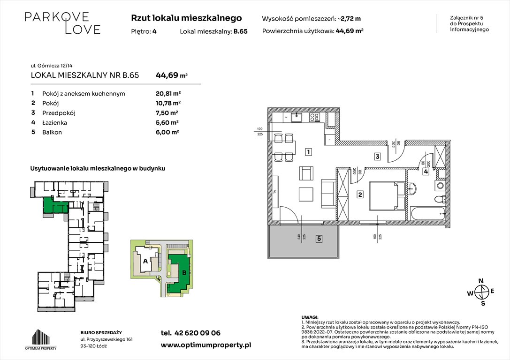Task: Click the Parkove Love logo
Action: (62, 23)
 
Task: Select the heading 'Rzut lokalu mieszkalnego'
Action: (186, 18)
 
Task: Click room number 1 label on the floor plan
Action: (308, 151)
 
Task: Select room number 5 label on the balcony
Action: (319, 239)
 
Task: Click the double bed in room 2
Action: (388, 195)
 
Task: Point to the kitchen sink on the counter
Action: (297, 117)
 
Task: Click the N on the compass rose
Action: (480, 281)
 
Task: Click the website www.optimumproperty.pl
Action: (206, 345)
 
